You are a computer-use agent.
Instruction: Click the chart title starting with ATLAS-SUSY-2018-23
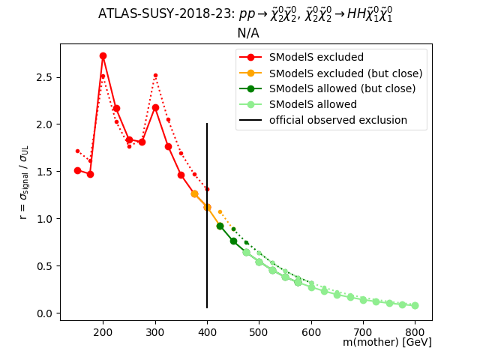245,14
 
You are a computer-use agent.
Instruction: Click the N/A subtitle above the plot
247,33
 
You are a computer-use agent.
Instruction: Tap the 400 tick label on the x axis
207,329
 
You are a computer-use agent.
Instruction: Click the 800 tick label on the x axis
415,329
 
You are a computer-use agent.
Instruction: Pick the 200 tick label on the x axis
103,329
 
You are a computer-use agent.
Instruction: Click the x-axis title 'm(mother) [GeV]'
387,342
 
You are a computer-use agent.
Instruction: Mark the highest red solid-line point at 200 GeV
103,56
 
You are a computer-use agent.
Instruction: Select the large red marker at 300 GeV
155,107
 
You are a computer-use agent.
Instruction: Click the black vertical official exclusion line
207,225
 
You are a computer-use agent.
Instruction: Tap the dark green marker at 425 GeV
220,226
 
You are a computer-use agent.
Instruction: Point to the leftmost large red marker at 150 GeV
77,170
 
